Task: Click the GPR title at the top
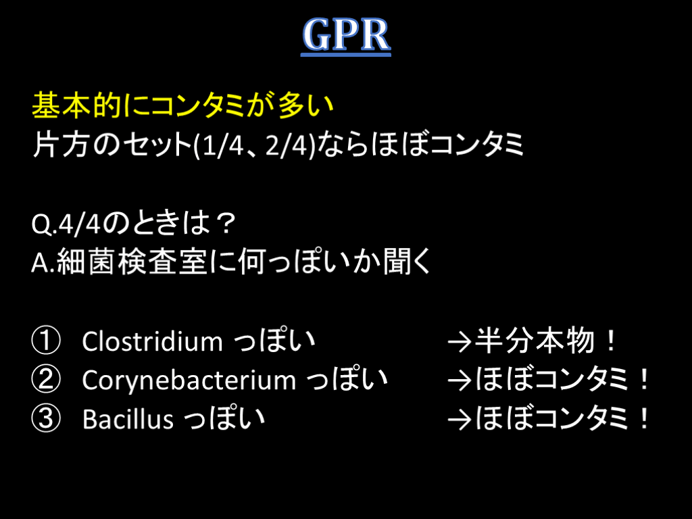coord(346,34)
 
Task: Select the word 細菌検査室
coord(132,262)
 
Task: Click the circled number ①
coord(46,341)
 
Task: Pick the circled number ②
coord(46,380)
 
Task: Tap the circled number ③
coord(46,418)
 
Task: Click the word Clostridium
coord(152,341)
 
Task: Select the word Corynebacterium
coord(189,380)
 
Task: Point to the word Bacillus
coord(128,419)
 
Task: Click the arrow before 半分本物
coord(460,343)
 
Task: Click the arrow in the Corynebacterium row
coord(460,381)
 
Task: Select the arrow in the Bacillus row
coord(460,420)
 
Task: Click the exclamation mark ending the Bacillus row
coord(644,418)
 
